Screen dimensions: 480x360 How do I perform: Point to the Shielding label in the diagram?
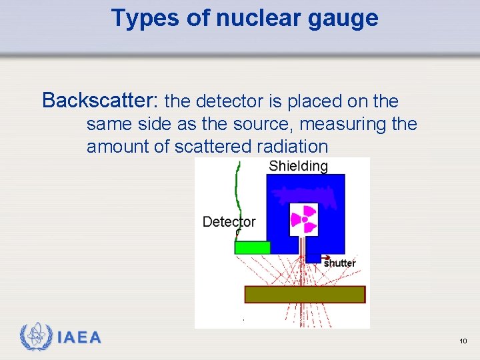click(298, 166)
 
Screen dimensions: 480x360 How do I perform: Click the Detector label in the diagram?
click(229, 221)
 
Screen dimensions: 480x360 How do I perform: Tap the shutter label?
click(339, 263)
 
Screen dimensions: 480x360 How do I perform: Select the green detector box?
click(253, 247)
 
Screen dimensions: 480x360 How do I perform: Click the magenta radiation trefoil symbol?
click(304, 219)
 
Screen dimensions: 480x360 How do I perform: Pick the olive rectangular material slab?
click(305, 294)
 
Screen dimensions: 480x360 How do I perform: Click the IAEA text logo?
click(79, 337)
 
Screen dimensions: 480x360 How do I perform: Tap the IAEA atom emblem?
click(35, 337)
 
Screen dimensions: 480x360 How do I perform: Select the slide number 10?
click(463, 341)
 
